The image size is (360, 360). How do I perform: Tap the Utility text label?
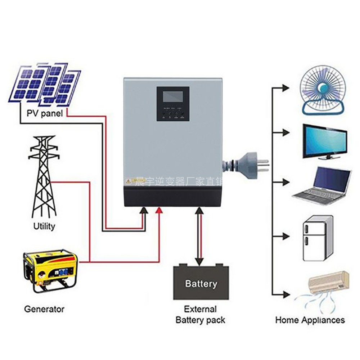point(44,226)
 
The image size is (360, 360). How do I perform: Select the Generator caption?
point(44,309)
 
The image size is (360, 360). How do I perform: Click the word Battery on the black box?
point(201,284)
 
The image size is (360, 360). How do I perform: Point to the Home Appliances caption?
point(310,320)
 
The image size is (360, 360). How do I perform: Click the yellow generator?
point(50,270)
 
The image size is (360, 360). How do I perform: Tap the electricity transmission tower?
point(44,176)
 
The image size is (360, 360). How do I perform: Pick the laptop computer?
point(322,186)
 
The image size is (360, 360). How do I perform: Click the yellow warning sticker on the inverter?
point(129,181)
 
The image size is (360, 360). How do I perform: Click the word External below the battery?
point(201,309)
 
